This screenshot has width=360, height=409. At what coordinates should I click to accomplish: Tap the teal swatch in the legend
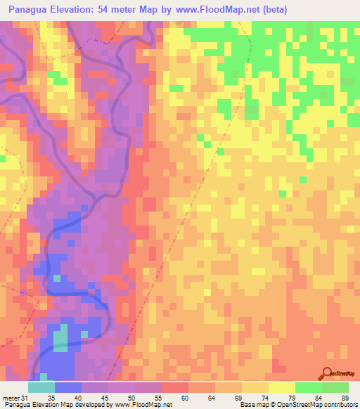[x=41, y=388]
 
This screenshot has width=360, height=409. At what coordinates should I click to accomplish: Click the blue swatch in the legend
[x=68, y=388]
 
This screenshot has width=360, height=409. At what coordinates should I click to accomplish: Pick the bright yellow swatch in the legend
[x=282, y=388]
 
